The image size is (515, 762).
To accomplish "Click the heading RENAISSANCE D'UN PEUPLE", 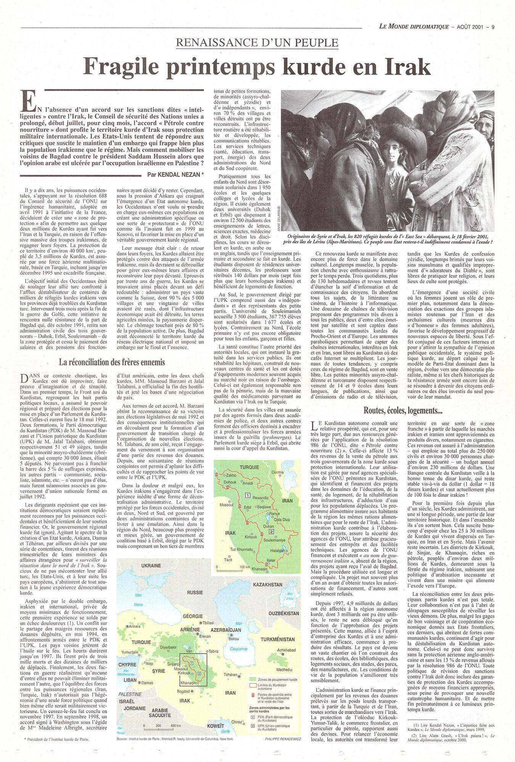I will coord(257,42).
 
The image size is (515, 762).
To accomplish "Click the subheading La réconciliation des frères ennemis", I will coord(112,362).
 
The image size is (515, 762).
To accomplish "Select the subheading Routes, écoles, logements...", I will coord(403,410).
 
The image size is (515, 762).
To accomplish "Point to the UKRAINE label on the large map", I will coord(151,565).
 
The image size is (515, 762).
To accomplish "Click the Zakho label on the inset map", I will coord(231,475).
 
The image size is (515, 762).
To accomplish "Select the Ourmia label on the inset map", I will coord(278,472).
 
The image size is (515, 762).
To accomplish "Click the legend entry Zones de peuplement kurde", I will coord(277,679).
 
